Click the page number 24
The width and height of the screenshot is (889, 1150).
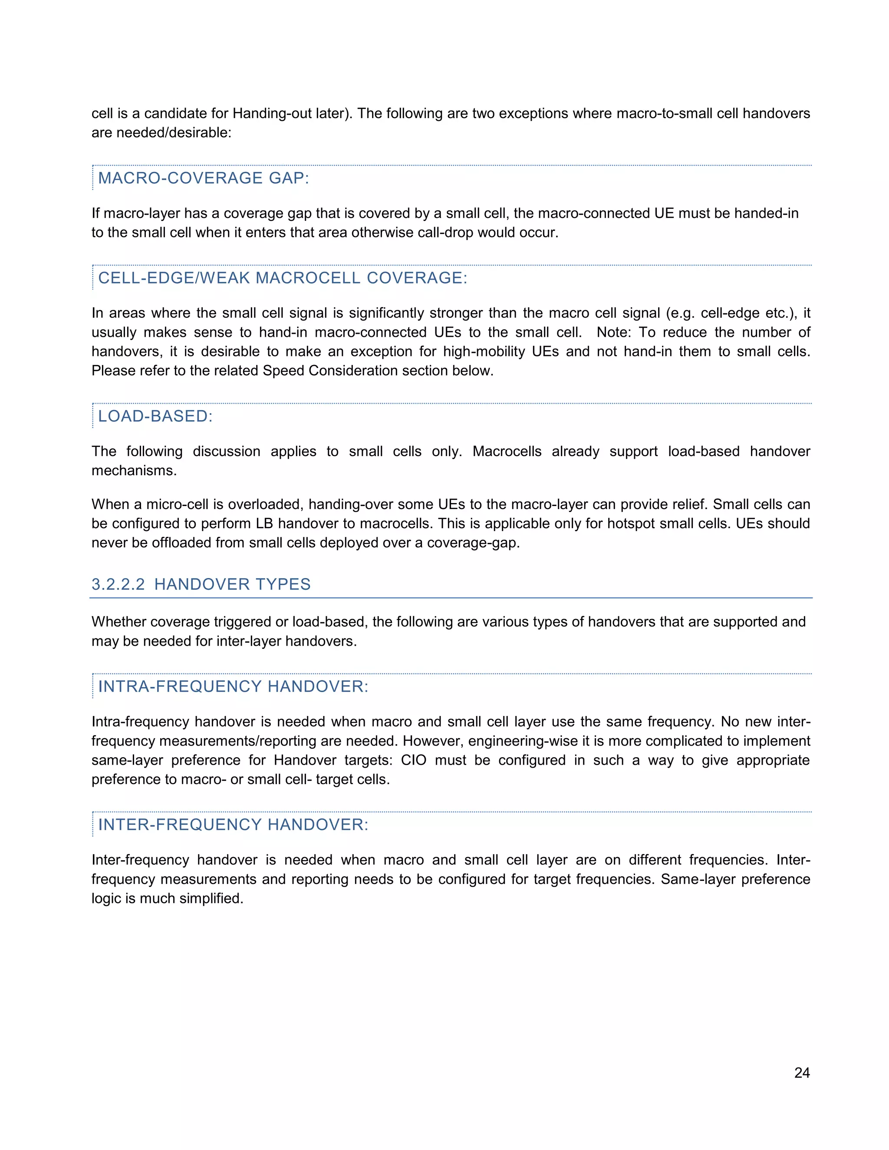point(802,1073)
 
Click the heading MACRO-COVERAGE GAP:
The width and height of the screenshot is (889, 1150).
point(203,178)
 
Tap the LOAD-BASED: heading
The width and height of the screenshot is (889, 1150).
point(155,416)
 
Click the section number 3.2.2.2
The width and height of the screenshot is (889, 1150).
point(118,584)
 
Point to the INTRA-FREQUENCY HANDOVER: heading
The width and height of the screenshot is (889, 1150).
point(233,686)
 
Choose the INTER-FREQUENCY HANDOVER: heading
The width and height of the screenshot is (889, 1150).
point(233,824)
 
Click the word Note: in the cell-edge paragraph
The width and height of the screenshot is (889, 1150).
point(613,332)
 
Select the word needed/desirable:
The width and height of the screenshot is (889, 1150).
point(174,133)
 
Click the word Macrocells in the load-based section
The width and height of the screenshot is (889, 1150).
point(507,451)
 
